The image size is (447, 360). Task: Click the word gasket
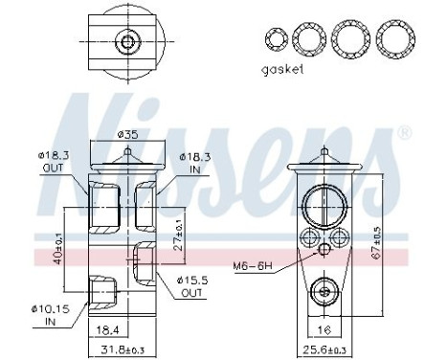click(281, 70)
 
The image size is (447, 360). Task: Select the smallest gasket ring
click(276, 39)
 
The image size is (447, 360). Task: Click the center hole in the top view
click(125, 40)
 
